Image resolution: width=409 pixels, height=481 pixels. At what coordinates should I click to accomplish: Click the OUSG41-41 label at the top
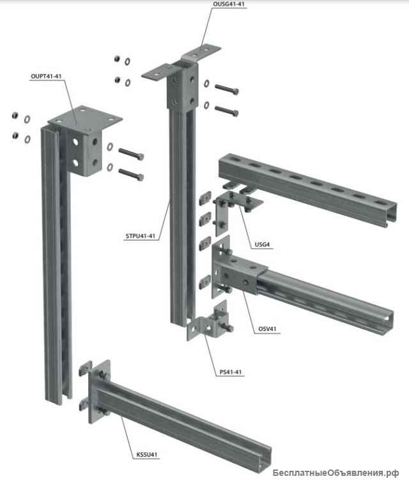tap(229, 4)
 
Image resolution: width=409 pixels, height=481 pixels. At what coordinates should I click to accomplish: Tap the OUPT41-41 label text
tap(46, 76)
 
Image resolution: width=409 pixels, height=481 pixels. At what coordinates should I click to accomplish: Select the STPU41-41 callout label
tap(141, 236)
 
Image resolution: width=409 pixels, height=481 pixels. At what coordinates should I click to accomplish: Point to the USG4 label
tap(262, 244)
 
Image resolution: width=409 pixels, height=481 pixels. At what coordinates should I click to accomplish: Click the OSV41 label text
tap(267, 329)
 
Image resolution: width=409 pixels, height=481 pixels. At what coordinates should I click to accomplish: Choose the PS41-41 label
tap(231, 372)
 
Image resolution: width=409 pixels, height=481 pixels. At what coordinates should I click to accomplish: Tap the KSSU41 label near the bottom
tap(147, 455)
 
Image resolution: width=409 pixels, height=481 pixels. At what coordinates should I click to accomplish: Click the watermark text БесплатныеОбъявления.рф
tap(336, 473)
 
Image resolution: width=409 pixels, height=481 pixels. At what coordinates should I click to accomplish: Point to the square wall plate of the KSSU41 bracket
tap(99, 391)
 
